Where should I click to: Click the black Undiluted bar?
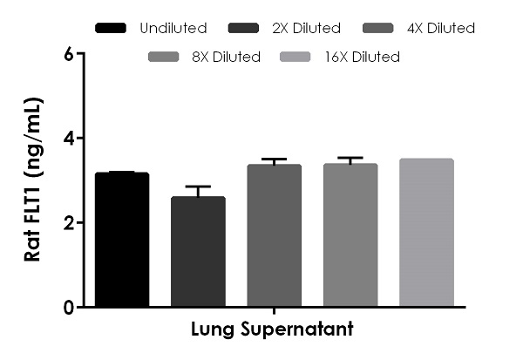[122, 240]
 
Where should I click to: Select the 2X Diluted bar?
[198, 252]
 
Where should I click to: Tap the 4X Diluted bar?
[274, 235]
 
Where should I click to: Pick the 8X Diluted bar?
[350, 235]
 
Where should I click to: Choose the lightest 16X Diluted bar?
[425, 233]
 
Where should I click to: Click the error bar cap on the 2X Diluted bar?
[198, 187]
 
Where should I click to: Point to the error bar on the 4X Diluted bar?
[274, 160]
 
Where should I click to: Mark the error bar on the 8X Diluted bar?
[350, 159]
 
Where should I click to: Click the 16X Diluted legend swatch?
[296, 58]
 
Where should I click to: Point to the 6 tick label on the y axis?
[68, 54]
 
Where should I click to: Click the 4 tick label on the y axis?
[68, 138]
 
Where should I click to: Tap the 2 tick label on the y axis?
[68, 222]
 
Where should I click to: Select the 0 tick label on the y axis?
[68, 307]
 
